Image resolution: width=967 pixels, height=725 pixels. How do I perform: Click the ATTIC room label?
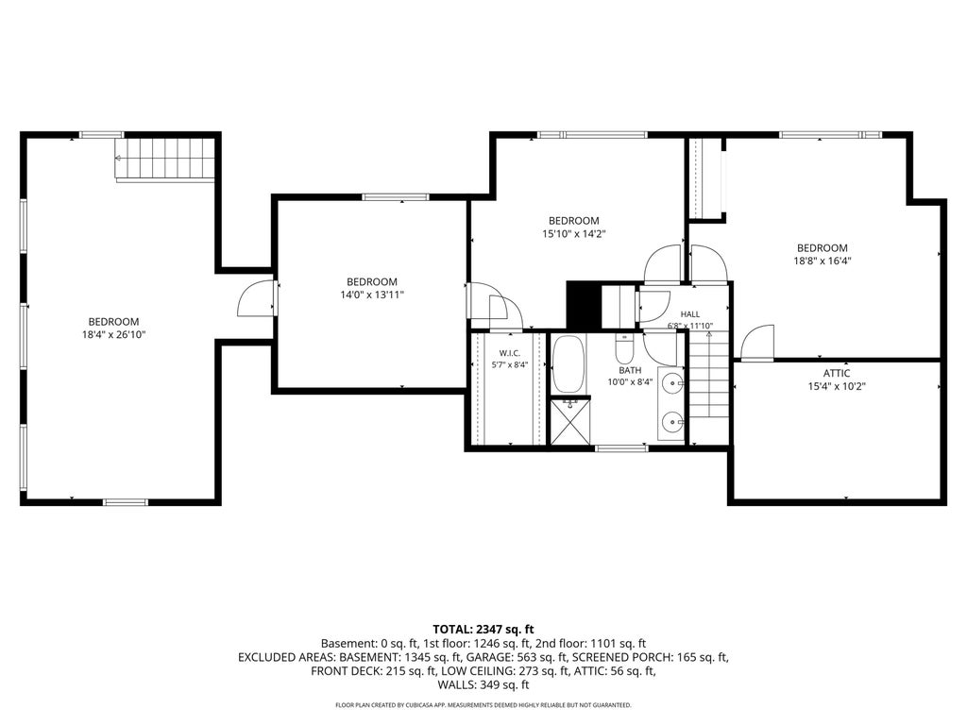pos(837,373)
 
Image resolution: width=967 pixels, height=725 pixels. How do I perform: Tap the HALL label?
pos(690,314)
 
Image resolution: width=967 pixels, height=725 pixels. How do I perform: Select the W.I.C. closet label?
pos(509,353)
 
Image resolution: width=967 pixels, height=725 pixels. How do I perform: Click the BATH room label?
pos(630,370)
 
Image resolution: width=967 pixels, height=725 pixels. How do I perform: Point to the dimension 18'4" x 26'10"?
pos(113,335)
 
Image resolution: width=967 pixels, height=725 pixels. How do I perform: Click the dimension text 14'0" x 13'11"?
pos(372,295)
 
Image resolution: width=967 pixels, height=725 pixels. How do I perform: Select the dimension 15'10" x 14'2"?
pos(574,234)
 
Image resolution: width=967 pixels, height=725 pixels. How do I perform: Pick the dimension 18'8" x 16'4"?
pos(823,261)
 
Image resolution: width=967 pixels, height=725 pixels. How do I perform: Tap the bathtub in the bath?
pos(567,364)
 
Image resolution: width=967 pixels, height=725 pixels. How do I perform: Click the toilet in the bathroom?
pos(623,349)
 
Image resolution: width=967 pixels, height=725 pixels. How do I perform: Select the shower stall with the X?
pos(569,421)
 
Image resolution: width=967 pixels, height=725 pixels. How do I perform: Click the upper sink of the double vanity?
pos(671,383)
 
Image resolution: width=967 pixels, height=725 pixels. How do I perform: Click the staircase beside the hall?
pos(709,387)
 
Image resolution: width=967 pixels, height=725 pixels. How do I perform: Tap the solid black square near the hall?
pos(584,305)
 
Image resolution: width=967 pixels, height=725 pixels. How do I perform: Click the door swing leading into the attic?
pos(756,342)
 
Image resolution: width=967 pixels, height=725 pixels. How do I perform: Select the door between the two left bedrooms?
pos(257,298)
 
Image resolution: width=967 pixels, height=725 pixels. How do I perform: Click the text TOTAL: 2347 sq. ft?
pos(483,630)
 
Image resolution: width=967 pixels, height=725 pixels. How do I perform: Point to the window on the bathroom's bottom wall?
pos(621,448)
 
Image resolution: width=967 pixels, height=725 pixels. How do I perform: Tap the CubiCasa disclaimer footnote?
pos(483,704)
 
